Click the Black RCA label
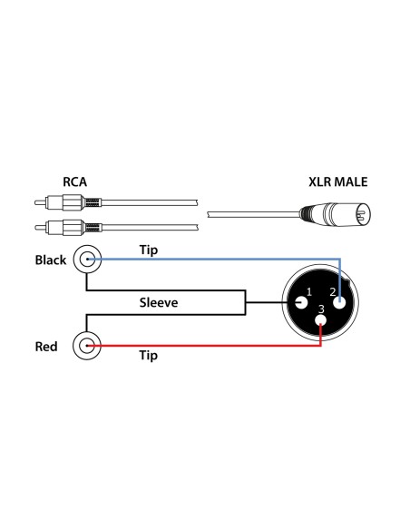point(50,260)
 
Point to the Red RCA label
point(47,346)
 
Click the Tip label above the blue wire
point(151,249)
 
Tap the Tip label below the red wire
point(148,357)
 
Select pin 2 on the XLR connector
point(341,302)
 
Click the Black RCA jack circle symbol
point(87,260)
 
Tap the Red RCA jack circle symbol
point(87,346)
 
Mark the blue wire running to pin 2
point(218,260)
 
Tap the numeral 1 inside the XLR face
point(309,291)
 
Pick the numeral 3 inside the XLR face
point(321,309)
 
